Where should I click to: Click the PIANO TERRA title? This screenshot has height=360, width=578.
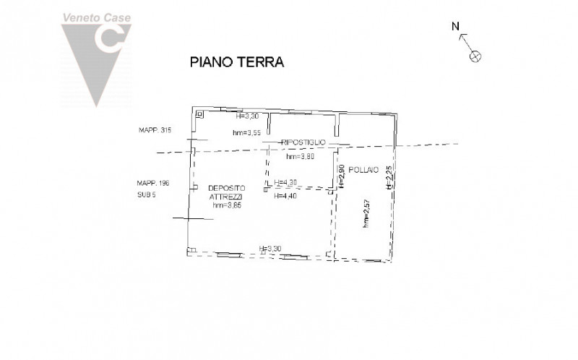pyautogui.click(x=237, y=62)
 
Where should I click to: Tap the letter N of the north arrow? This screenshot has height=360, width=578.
pyautogui.click(x=456, y=27)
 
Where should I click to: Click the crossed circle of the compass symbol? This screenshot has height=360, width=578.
pyautogui.click(x=475, y=55)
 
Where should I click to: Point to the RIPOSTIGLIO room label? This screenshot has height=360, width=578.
pyautogui.click(x=304, y=142)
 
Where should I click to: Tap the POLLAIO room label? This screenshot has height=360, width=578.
pyautogui.click(x=362, y=170)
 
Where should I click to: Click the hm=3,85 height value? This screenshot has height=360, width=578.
pyautogui.click(x=227, y=206)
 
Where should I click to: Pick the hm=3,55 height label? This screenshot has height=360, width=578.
pyautogui.click(x=246, y=132)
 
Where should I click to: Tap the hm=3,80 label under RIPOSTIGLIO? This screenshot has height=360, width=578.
pyautogui.click(x=301, y=157)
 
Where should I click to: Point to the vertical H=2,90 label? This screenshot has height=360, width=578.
pyautogui.click(x=342, y=176)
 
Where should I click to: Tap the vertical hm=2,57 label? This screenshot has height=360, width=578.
pyautogui.click(x=366, y=215)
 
